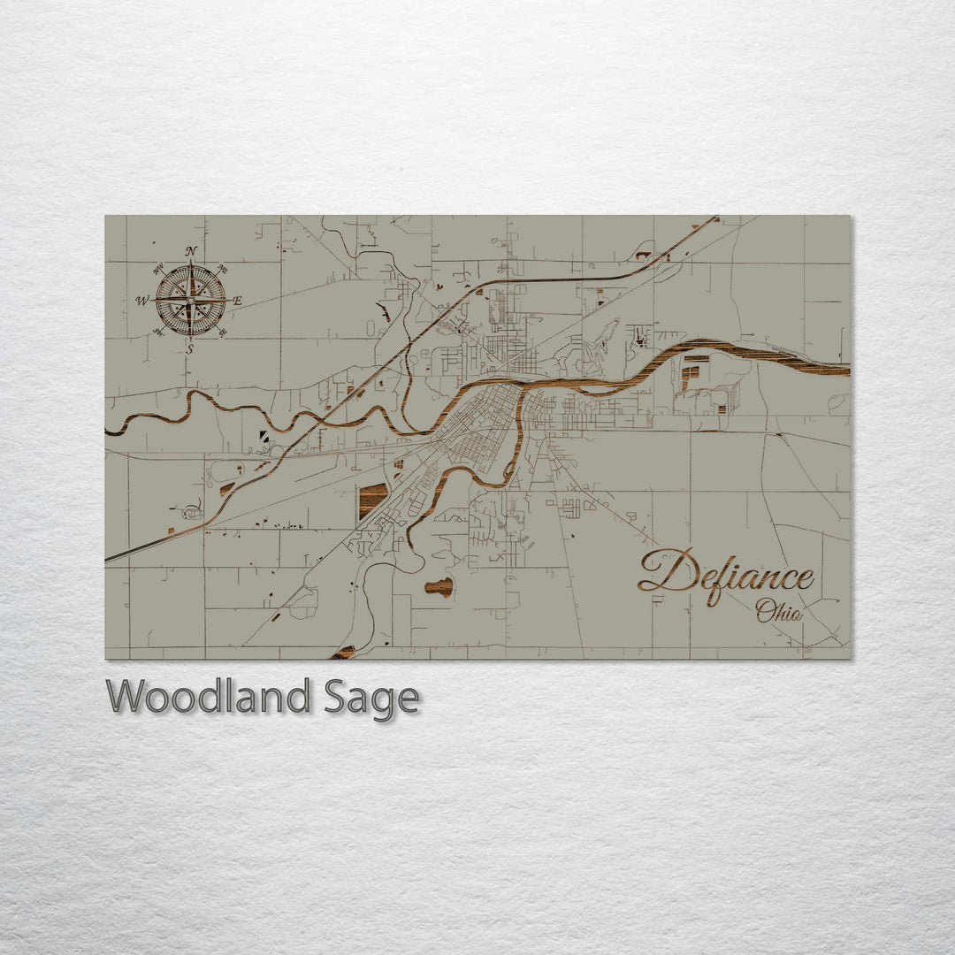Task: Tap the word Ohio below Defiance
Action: click(x=778, y=610)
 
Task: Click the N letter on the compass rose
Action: click(x=190, y=251)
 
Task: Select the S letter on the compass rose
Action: click(x=189, y=349)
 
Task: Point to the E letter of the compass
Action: click(x=237, y=301)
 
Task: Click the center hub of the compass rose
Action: click(x=190, y=301)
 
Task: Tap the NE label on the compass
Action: click(x=223, y=269)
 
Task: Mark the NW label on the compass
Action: click(x=157, y=269)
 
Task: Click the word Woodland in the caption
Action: click(x=208, y=697)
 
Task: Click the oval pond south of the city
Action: click(x=439, y=586)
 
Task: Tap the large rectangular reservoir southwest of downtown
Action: click(x=373, y=500)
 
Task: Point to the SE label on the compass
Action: click(x=223, y=332)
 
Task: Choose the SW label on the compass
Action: click(x=158, y=332)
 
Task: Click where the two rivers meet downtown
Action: click(x=520, y=393)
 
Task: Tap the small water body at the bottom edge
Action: click(x=343, y=653)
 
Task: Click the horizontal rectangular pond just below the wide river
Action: click(x=696, y=358)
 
